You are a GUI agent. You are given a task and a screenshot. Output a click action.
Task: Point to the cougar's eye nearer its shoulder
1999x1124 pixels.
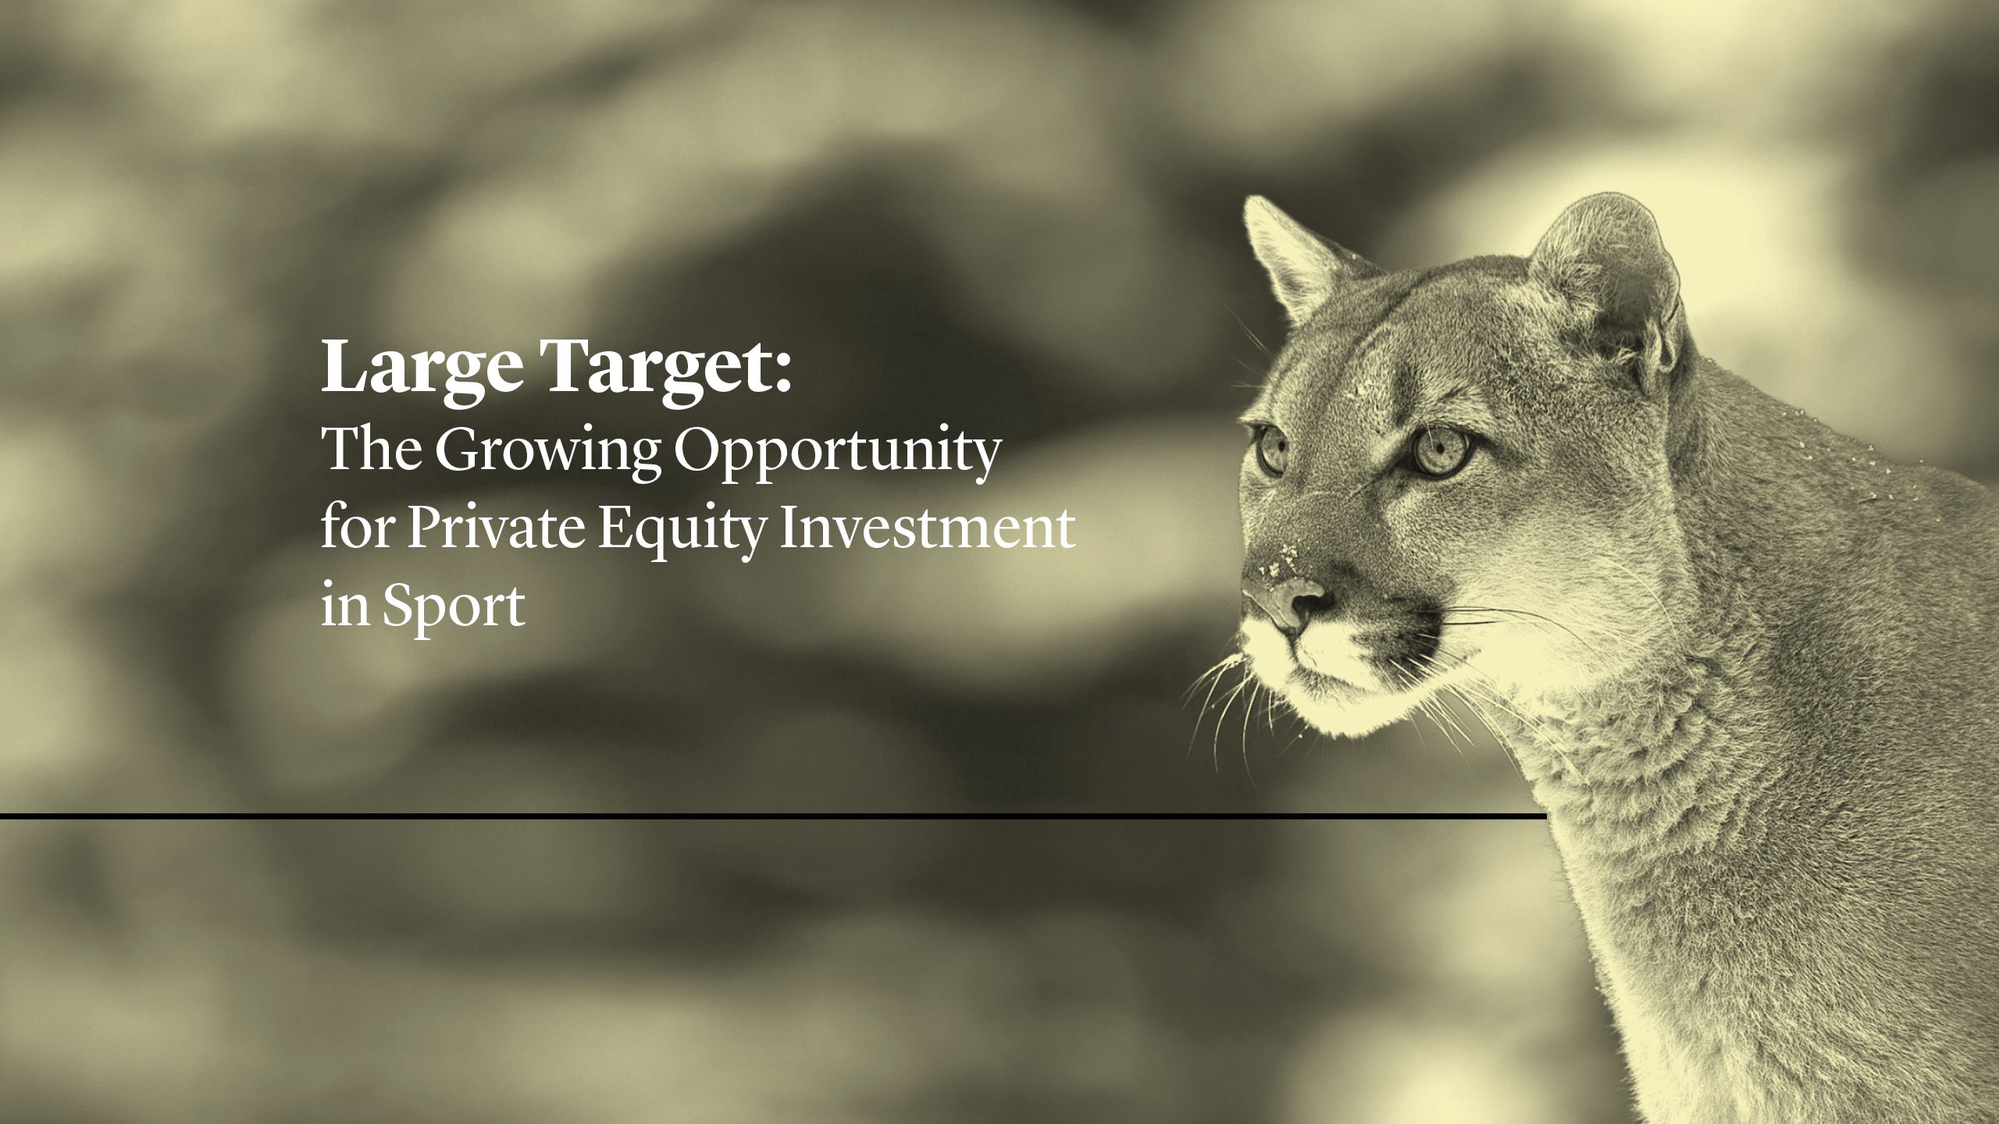tap(1441, 453)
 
